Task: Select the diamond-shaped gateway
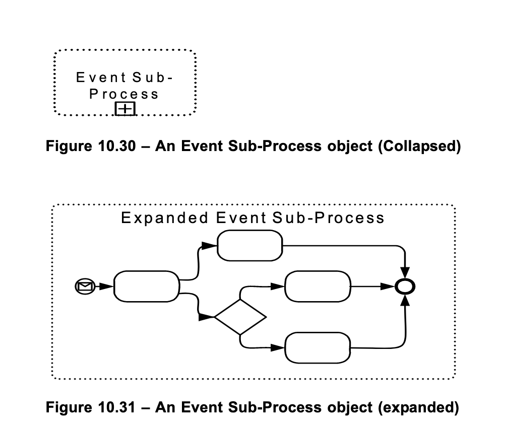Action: pos(240,317)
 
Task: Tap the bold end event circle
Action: pos(405,286)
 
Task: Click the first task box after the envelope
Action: pos(147,286)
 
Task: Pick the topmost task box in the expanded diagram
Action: pos(249,245)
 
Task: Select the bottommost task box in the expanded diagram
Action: pos(318,347)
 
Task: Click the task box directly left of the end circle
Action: pos(318,286)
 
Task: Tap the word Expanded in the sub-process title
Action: pos(164,218)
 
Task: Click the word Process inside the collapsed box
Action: pos(124,94)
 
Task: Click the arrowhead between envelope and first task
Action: pos(106,286)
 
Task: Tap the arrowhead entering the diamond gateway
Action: pos(207,317)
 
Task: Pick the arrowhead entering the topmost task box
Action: pos(209,245)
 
